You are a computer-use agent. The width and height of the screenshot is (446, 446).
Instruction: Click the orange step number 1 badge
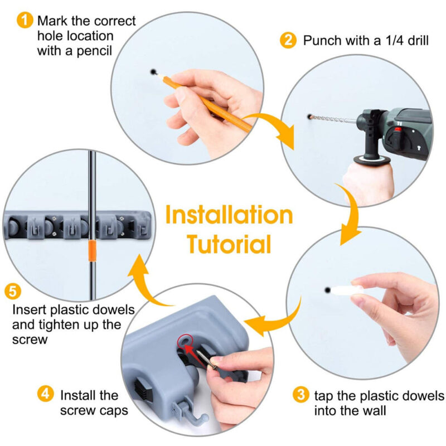click(x=25, y=21)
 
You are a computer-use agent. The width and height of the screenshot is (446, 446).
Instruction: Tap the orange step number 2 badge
click(x=288, y=40)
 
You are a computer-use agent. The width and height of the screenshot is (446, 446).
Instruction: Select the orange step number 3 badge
click(x=300, y=396)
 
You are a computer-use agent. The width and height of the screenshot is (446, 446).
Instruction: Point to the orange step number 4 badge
click(x=46, y=394)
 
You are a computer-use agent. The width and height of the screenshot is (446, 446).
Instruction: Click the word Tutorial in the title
click(x=229, y=244)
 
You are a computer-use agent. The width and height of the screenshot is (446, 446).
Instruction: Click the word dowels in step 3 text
click(x=410, y=396)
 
